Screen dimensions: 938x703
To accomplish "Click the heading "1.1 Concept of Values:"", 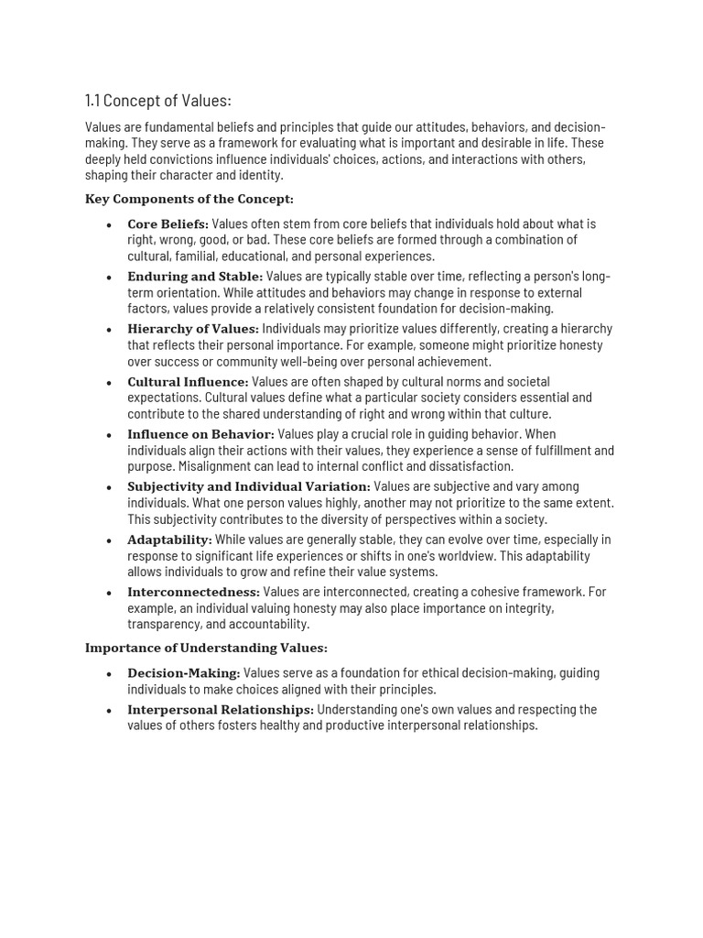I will point(157,101).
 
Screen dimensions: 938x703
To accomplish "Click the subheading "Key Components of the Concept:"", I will point(189,199).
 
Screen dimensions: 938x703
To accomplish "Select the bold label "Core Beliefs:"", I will point(168,224).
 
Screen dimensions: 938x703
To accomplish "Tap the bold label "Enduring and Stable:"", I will point(195,277).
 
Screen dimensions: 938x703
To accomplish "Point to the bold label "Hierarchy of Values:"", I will point(193,329).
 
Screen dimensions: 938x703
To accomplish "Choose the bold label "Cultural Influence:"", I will point(188,382).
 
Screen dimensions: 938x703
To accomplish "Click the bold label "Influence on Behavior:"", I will point(200,434).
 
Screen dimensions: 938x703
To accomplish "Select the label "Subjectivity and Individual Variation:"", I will point(249,486).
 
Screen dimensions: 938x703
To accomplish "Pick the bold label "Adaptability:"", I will point(169,540).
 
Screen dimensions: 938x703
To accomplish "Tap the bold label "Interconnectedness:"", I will point(193,593).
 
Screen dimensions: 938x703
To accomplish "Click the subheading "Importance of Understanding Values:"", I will point(206,648).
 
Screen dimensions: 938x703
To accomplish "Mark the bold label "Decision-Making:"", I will point(183,673).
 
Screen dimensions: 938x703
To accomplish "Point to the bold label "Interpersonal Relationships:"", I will point(221,710).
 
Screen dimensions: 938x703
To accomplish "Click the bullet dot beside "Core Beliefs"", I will point(109,224).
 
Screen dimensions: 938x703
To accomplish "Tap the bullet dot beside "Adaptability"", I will point(109,540).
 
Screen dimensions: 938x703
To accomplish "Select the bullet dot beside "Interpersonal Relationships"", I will point(109,711).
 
